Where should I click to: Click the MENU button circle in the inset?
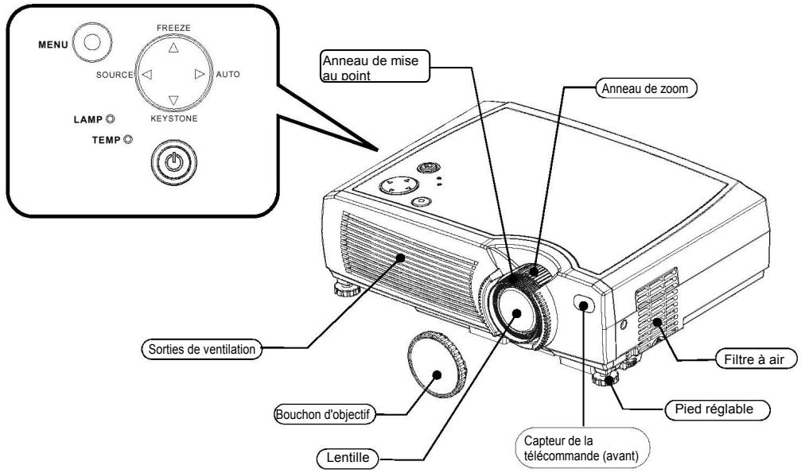click(x=92, y=42)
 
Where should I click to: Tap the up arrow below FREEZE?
click(x=173, y=48)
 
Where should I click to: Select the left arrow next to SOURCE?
click(x=146, y=75)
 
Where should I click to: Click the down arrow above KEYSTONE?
click(x=173, y=99)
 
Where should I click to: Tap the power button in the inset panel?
click(x=173, y=163)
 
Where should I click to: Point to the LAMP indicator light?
click(x=110, y=119)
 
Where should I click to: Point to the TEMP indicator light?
click(x=128, y=139)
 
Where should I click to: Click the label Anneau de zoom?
click(x=646, y=88)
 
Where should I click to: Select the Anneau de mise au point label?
click(x=375, y=66)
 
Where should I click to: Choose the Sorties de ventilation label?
click(x=202, y=350)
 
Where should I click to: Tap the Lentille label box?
click(x=348, y=458)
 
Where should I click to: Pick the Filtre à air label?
click(x=754, y=359)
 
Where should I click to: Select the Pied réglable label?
click(x=717, y=409)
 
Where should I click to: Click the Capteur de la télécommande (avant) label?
click(x=582, y=448)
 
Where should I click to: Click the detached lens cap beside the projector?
click(x=437, y=364)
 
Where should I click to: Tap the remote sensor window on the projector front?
click(x=585, y=304)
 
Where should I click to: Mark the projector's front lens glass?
click(x=516, y=312)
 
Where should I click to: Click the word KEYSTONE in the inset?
click(x=173, y=118)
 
